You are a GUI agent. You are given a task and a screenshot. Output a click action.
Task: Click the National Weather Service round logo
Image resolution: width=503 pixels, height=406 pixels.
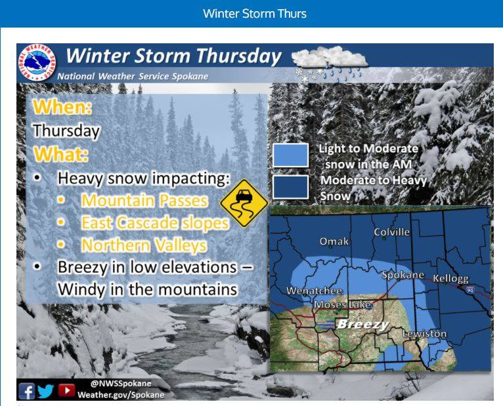pos(37,62)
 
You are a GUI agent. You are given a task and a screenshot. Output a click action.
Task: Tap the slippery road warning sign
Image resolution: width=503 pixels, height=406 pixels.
pos(244,203)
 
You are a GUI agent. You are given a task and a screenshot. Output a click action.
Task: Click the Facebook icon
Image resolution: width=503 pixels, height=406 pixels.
pos(27,392)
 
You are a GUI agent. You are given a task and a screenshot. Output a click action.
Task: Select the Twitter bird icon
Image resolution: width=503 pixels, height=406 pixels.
pos(46,391)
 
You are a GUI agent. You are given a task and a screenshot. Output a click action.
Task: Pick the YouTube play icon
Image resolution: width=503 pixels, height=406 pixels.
pos(67,390)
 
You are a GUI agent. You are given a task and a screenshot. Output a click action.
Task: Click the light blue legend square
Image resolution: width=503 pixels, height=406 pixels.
pos(291,155)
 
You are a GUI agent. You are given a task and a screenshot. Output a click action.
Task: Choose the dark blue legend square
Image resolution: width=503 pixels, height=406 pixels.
pos(291,187)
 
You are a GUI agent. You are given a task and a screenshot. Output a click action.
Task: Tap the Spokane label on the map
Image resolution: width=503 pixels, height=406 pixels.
pos(403,275)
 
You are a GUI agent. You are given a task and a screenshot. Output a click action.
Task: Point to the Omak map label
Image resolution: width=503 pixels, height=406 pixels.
pos(334,241)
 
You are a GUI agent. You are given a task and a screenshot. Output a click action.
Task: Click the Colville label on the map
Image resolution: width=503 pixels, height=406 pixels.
pos(391,232)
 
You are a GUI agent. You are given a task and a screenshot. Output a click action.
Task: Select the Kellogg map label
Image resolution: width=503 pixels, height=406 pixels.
pos(450,278)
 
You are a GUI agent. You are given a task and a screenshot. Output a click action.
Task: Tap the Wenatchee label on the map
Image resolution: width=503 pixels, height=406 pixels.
pos(314,291)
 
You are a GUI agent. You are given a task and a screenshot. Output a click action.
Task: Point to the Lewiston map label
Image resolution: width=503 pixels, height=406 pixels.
pos(424,334)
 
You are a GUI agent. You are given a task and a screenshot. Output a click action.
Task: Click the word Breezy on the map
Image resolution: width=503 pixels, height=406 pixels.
pos(363,324)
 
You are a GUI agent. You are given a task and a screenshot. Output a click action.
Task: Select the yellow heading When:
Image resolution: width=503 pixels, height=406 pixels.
pos(62,107)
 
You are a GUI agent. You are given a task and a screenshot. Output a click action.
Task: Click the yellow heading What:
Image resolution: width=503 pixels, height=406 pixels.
pos(61,154)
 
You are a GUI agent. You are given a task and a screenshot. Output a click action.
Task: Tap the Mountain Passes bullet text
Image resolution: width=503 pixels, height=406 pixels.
pos(144,200)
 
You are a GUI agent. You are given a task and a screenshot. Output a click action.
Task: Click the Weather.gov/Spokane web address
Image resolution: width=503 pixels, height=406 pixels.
pos(121,394)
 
